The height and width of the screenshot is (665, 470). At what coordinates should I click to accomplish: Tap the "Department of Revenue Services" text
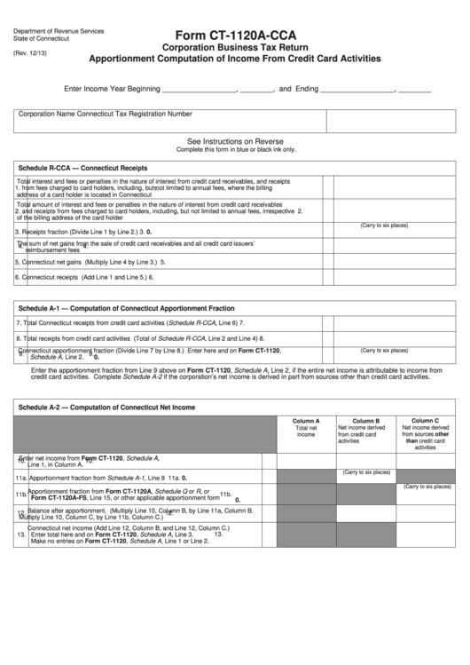pyautogui.click(x=59, y=31)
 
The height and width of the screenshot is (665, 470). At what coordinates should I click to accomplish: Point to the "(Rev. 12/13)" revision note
pyautogui.click(x=31, y=52)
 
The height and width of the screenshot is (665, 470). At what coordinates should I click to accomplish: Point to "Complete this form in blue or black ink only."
pyautogui.click(x=235, y=150)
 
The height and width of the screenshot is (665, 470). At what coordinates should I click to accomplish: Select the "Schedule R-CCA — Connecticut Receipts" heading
pyautogui.click(x=82, y=168)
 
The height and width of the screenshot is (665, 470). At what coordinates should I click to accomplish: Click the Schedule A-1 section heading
pyautogui.click(x=126, y=308)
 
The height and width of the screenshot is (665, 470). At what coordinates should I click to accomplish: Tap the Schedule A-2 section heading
pyautogui.click(x=106, y=408)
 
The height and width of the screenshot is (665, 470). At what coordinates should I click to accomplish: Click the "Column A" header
pyautogui.click(x=306, y=421)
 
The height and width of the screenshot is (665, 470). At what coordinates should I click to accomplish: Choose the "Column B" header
pyautogui.click(x=365, y=421)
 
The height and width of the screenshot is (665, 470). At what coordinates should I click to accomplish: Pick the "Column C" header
pyautogui.click(x=425, y=421)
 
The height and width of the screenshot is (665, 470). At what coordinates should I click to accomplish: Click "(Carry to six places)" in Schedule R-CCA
pyautogui.click(x=384, y=226)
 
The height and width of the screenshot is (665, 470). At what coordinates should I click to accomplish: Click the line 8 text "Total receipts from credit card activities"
pyautogui.click(x=76, y=338)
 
